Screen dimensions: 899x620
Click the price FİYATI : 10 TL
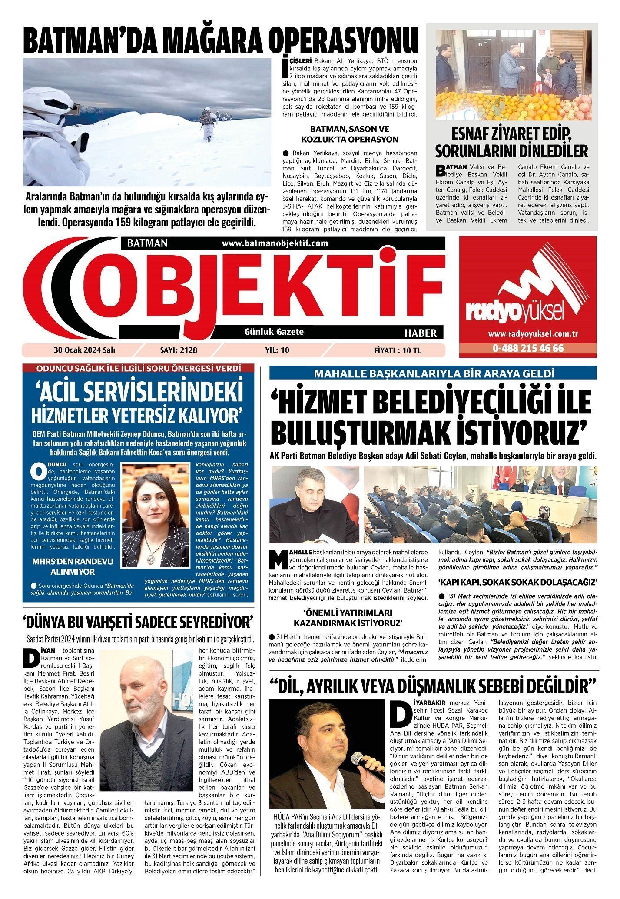(397, 350)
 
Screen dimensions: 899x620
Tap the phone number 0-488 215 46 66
(528, 349)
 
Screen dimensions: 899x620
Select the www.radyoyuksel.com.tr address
(528, 334)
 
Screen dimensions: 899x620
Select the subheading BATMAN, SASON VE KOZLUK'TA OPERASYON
(349, 134)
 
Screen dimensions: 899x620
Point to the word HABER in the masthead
(420, 333)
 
